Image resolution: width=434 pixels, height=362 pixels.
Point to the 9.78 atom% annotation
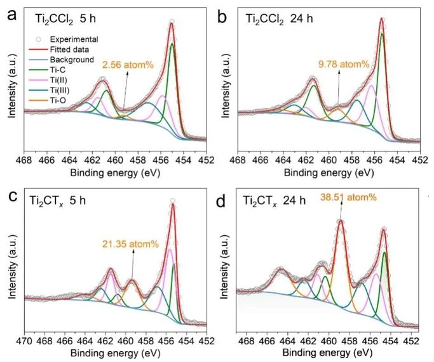344,63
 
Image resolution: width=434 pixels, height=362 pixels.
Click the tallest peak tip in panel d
341,220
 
